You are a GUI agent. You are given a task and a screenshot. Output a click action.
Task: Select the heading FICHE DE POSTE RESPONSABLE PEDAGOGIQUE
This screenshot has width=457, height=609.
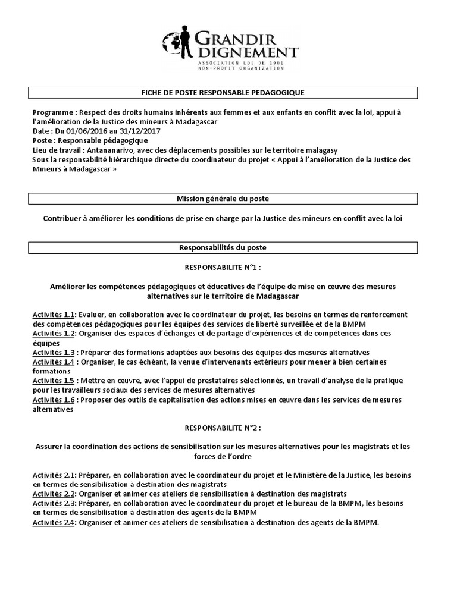click(223, 93)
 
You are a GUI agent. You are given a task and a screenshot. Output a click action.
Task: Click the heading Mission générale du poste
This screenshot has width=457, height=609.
click(223, 199)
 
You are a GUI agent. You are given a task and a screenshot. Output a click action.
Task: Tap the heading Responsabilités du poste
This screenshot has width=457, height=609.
click(223, 246)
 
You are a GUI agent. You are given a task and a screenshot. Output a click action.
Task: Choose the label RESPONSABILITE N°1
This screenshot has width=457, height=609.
click(223, 267)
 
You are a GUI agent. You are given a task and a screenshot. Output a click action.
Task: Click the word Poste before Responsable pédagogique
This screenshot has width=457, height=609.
click(42, 140)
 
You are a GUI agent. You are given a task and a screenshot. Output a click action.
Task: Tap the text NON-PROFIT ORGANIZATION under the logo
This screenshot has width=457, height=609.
click(233, 68)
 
